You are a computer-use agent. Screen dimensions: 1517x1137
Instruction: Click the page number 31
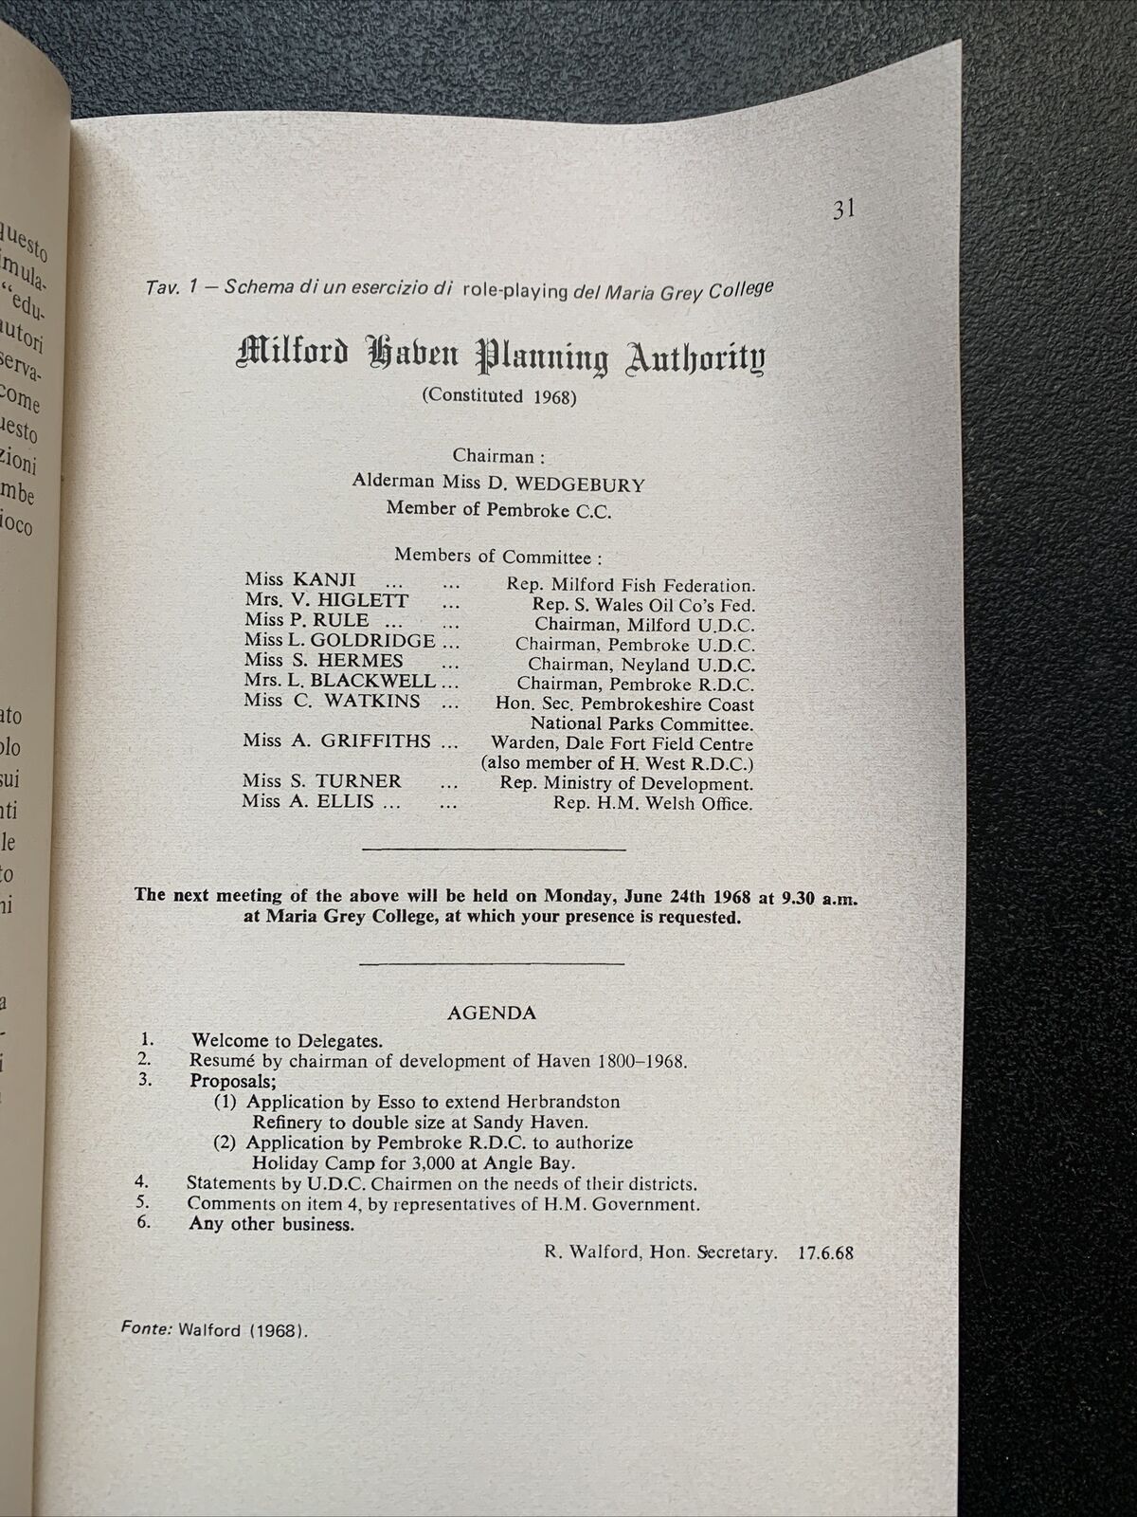844,210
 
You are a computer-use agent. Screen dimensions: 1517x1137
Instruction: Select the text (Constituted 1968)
498,396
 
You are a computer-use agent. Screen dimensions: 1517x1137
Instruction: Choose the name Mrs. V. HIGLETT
326,600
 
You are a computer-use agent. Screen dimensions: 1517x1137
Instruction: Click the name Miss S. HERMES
323,661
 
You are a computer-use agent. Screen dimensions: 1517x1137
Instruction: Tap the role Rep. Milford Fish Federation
630,586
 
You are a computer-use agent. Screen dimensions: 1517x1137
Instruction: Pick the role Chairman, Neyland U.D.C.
641,665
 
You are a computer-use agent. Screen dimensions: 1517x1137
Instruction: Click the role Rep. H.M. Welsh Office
653,804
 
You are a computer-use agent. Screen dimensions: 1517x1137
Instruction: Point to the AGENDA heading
492,1013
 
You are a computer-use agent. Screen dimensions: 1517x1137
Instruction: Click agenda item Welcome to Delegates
286,1040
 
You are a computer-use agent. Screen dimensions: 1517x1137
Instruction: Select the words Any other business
271,1224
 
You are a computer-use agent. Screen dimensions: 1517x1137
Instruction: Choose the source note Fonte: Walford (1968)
214,1330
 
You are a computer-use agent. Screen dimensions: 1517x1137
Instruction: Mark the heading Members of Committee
498,557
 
